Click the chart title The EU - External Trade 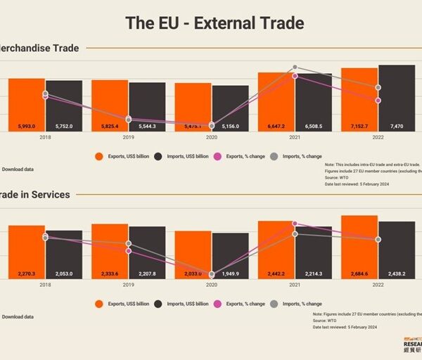pos(215,22)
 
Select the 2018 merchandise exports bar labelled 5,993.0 pos(27,105)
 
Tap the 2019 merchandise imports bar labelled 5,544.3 pos(148,107)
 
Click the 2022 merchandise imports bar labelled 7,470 pos(397,98)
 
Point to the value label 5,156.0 pos(231,126)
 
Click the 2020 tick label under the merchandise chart pos(212,139)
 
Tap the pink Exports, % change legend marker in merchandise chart pos(217,156)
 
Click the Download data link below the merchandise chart pos(18,169)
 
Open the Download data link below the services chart pos(18,317)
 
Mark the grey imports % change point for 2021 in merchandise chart pos(295,67)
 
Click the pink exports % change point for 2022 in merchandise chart pos(378,101)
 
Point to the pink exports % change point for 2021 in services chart pos(295,224)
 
